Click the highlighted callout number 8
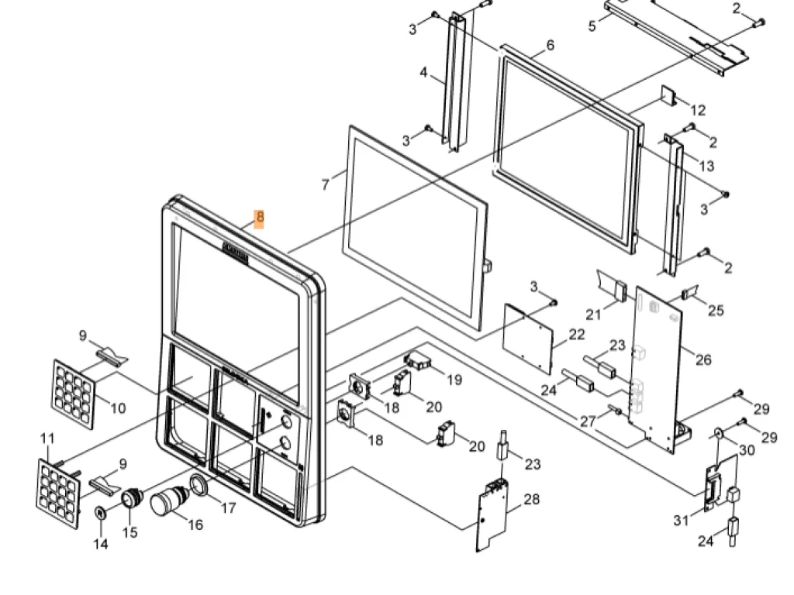tap(260, 218)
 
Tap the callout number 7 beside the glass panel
tap(326, 184)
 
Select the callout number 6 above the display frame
tap(551, 45)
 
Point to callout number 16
tap(195, 524)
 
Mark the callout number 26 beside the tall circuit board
tap(703, 359)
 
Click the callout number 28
tap(531, 500)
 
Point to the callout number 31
tap(681, 521)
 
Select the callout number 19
tap(454, 380)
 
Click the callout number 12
tap(698, 110)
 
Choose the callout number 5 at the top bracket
tap(592, 26)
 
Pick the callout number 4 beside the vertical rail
tap(423, 73)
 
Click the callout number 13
tap(706, 166)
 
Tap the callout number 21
tap(594, 314)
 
